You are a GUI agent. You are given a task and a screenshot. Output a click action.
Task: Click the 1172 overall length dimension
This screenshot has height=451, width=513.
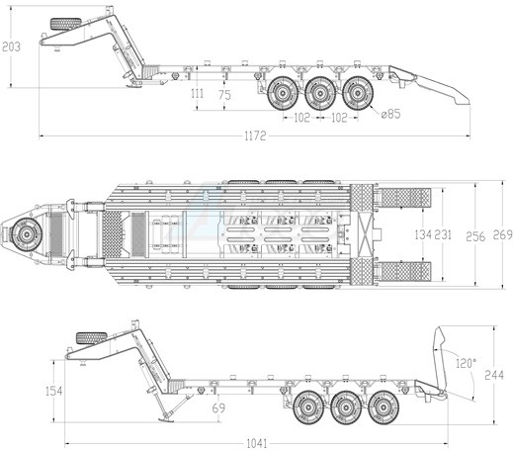point(255,135)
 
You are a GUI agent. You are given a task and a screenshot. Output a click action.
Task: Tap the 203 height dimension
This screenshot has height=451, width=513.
point(11,46)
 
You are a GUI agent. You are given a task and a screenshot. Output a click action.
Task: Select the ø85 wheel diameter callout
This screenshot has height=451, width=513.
point(390,114)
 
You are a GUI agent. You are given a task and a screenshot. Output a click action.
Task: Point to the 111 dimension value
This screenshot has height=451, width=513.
point(197,94)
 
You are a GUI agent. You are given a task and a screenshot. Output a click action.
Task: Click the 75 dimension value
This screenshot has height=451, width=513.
point(224,95)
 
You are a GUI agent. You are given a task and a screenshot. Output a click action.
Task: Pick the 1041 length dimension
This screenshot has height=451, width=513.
point(257,443)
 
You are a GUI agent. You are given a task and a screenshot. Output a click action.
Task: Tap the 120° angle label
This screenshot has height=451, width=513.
point(467,363)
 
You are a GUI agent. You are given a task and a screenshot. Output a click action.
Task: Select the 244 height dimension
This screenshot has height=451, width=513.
point(494,375)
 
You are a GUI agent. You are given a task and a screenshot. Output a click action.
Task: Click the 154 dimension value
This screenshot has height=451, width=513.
point(53,391)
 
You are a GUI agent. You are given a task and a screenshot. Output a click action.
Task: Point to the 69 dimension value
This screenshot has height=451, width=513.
point(218,408)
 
